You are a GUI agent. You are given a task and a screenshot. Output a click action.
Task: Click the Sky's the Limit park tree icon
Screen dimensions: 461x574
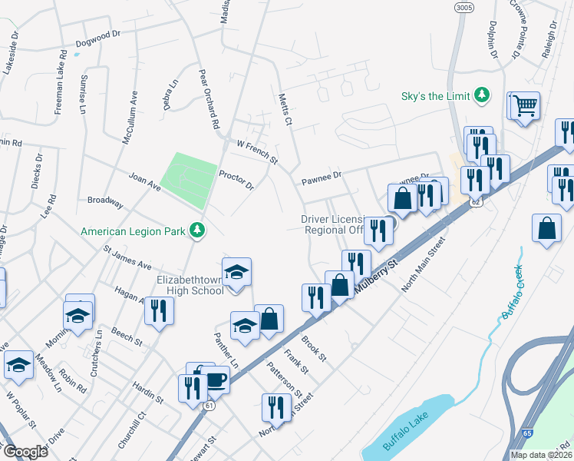(x=482, y=95)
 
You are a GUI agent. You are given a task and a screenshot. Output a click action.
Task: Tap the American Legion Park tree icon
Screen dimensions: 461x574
(x=198, y=230)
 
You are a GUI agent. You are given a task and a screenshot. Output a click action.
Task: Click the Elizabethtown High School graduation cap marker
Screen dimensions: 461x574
(x=237, y=271)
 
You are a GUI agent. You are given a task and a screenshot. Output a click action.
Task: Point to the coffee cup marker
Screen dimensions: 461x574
(x=215, y=380)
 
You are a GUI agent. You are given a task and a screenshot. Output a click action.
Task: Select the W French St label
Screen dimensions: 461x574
(x=257, y=149)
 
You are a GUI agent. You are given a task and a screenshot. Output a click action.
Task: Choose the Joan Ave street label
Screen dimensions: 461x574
(x=144, y=180)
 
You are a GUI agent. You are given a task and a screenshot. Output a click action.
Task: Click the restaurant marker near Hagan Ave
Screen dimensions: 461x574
(x=159, y=310)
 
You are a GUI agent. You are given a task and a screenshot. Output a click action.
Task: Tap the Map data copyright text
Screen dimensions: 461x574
(x=539, y=455)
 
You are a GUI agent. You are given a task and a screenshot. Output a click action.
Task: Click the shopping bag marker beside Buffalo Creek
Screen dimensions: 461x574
(x=546, y=228)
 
